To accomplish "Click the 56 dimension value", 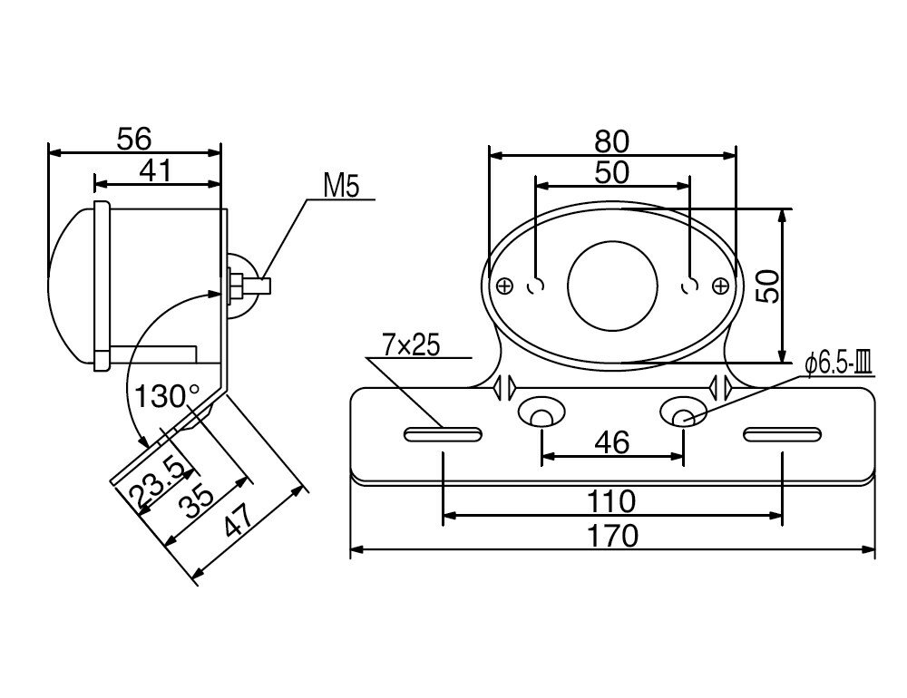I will [134, 139].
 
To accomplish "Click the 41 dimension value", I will [156, 170].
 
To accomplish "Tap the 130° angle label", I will [168, 396].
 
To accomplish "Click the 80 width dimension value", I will [611, 141].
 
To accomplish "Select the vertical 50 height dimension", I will [767, 286].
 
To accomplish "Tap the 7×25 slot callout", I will [410, 345].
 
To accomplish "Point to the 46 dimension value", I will [611, 443].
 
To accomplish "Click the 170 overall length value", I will [611, 536].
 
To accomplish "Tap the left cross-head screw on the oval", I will [505, 286].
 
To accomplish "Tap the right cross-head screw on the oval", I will [720, 286].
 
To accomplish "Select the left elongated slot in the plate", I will [442, 436].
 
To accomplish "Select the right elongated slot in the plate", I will [781, 436].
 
